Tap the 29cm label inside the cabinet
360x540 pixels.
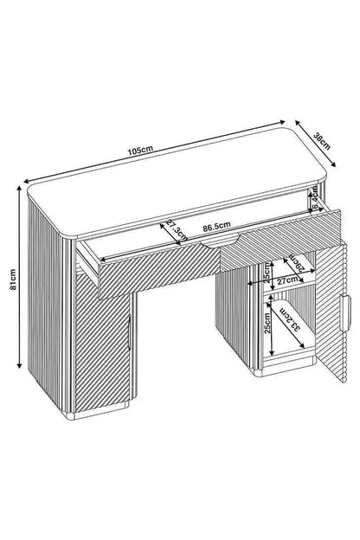click(x=297, y=262)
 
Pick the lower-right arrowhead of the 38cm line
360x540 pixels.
click(x=332, y=173)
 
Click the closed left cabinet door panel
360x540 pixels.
click(x=104, y=346)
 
